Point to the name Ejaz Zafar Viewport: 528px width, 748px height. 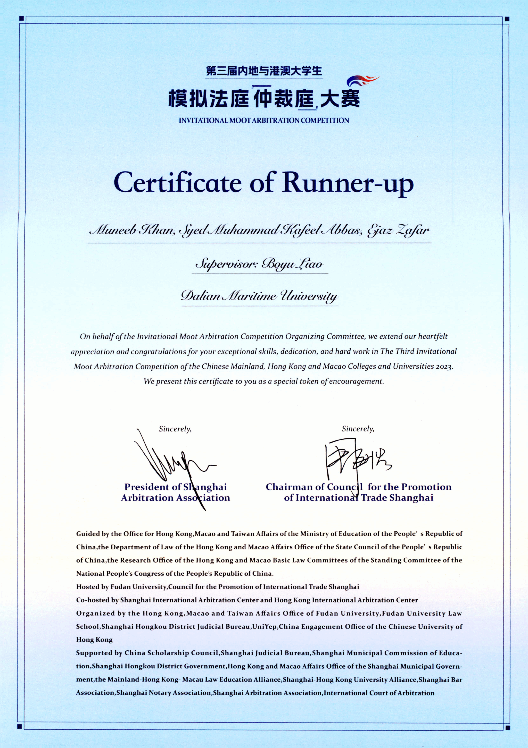398,231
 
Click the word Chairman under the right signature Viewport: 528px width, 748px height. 289,487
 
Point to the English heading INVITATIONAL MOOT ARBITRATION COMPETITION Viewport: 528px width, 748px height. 264,121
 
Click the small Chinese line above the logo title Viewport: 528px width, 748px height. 264,71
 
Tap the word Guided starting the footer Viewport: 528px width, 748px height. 87,534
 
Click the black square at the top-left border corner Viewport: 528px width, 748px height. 21,19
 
